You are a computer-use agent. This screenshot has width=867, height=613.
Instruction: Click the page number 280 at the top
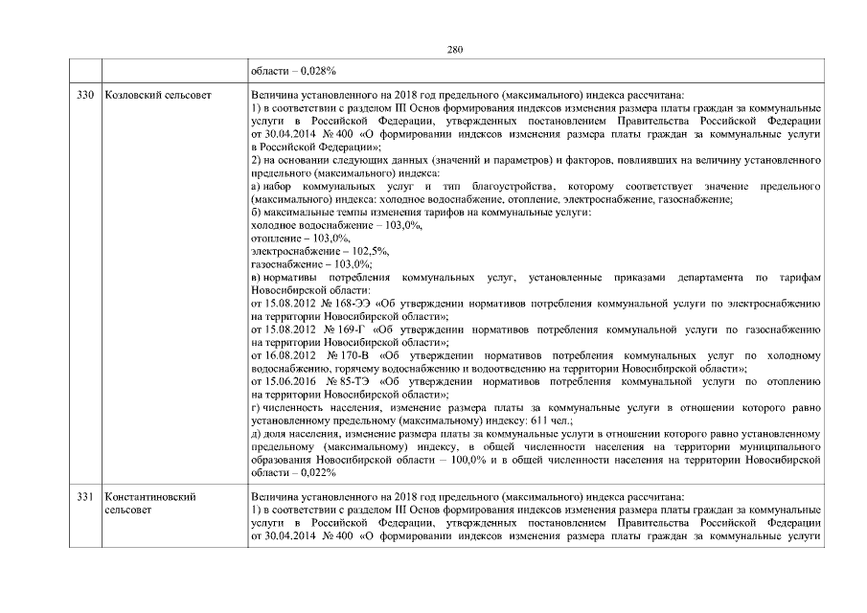pyautogui.click(x=455, y=49)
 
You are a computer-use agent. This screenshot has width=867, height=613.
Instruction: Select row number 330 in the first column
pyautogui.click(x=86, y=96)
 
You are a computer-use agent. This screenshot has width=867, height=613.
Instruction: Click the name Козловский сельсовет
pyautogui.click(x=157, y=96)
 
